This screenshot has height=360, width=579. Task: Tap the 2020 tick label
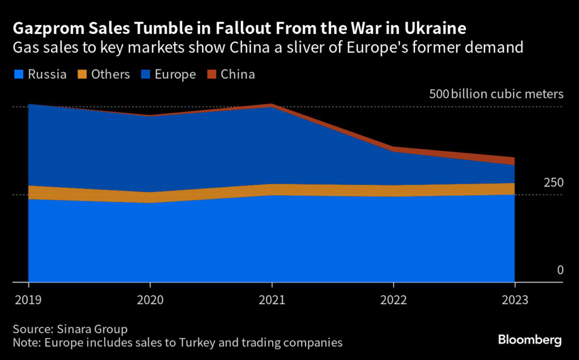point(150,300)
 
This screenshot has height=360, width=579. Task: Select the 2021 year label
point(272,300)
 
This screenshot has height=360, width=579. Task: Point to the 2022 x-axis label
point(394,300)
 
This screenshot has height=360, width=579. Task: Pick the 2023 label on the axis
point(515,300)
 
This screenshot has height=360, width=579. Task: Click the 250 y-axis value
point(554,183)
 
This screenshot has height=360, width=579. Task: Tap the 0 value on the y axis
point(560,270)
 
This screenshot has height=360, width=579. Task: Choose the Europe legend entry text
point(176,74)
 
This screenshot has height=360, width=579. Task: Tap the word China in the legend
point(238,74)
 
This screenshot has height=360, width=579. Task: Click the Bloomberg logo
point(530,340)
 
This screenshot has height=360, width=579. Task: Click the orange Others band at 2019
point(29,192)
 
